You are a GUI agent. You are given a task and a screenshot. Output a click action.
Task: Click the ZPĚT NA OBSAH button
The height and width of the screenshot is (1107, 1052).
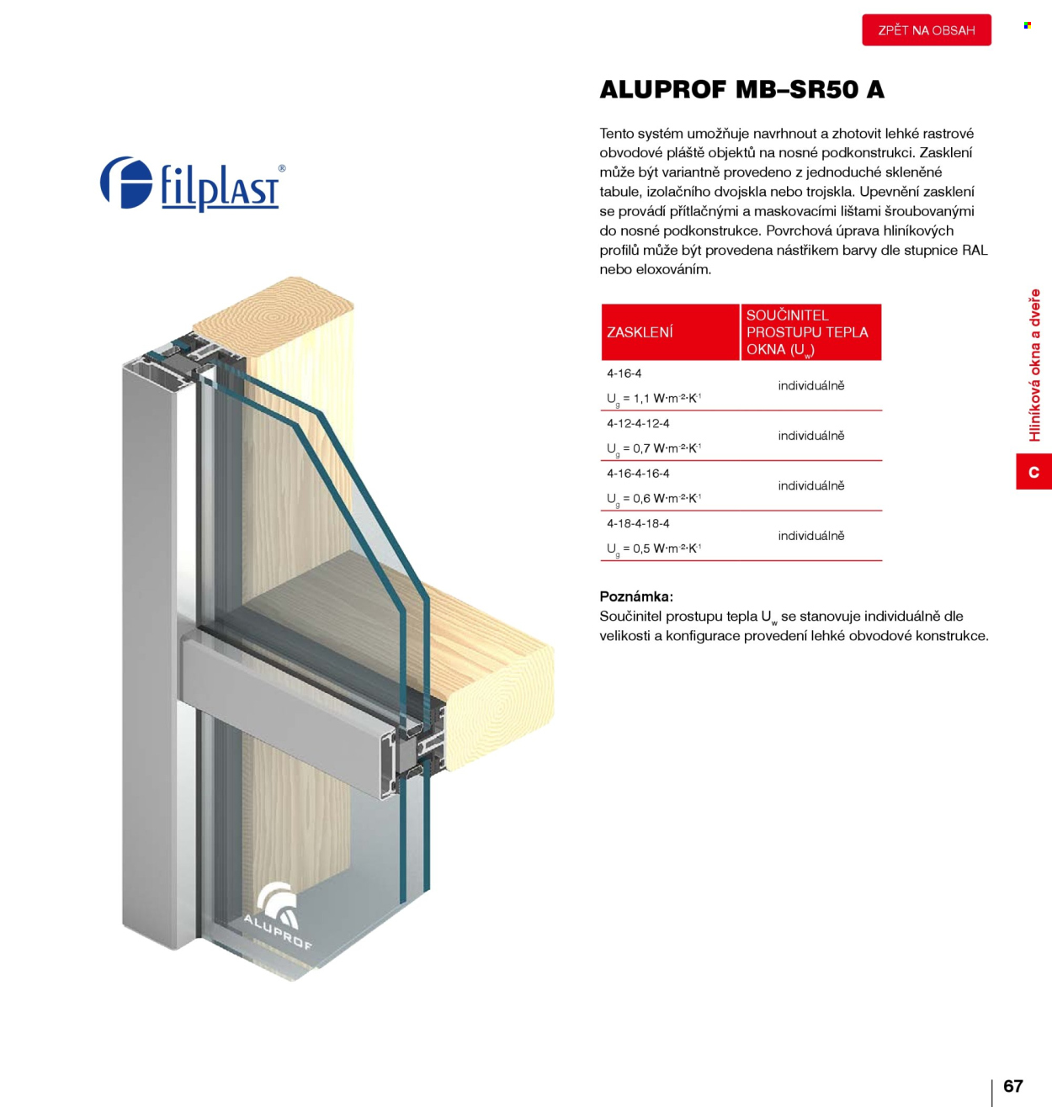tap(926, 30)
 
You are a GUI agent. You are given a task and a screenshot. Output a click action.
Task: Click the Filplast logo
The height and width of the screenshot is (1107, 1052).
tap(190, 183)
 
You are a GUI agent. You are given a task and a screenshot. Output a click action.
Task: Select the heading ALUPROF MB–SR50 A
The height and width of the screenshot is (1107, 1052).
tap(741, 89)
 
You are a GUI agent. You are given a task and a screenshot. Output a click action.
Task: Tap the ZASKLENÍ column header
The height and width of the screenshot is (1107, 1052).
tap(640, 332)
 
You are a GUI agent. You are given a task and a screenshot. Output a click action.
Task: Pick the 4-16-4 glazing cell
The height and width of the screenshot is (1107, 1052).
tap(624, 373)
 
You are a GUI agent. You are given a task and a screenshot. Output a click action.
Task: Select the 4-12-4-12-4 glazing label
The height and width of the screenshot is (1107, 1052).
tap(638, 423)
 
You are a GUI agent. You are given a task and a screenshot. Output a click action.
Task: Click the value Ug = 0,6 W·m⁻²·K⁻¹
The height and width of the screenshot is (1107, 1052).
tap(654, 498)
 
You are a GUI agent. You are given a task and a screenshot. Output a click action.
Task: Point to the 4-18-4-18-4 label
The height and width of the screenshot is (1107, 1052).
tap(638, 523)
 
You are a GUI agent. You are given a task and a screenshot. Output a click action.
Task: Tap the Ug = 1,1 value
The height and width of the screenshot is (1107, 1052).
tap(654, 399)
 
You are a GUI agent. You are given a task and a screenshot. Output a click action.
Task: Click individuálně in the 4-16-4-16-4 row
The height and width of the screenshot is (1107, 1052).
tap(810, 485)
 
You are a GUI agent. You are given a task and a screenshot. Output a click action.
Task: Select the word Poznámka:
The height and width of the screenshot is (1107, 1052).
tap(635, 596)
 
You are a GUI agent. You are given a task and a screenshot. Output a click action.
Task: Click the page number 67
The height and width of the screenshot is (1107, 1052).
tap(1012, 1086)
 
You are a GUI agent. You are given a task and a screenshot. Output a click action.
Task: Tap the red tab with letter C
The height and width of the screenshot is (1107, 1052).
tap(1033, 472)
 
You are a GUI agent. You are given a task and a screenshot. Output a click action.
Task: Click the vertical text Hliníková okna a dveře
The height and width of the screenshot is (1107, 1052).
tap(1034, 365)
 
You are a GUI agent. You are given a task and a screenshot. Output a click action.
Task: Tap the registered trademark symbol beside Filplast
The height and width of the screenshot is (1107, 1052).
tap(282, 168)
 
